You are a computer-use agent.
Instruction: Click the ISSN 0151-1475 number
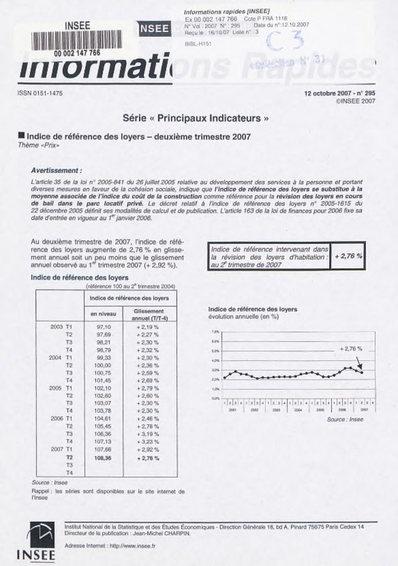tap(40, 93)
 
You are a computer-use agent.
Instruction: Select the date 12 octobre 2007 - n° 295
tap(340, 93)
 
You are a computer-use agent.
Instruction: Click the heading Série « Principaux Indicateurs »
tap(196, 118)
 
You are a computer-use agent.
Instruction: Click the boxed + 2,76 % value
tap(348, 256)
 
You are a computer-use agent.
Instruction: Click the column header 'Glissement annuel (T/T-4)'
tap(149, 314)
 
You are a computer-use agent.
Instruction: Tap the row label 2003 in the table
tap(56, 327)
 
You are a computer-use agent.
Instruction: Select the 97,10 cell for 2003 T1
tap(103, 327)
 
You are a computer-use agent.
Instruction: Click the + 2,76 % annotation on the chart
tap(351, 349)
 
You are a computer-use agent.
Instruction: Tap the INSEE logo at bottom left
tap(36, 542)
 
